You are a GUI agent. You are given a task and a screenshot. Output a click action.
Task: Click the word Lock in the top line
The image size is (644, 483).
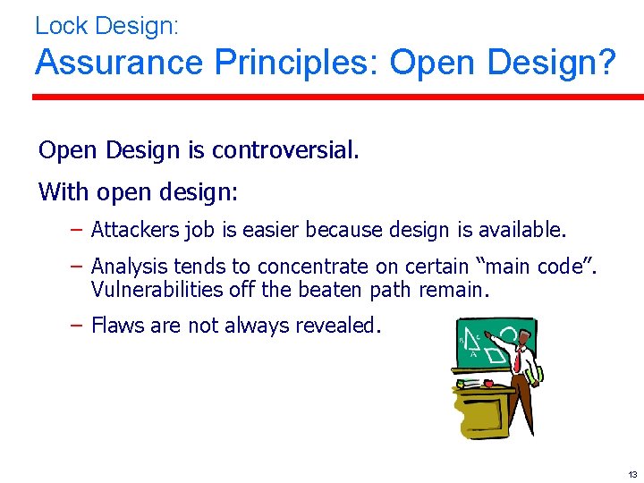coord(59,25)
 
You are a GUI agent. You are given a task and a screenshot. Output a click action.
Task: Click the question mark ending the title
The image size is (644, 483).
coord(606,63)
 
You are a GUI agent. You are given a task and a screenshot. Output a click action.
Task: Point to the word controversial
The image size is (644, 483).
coord(285,150)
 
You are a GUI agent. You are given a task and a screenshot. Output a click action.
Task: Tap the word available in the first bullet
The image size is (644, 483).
coord(522,231)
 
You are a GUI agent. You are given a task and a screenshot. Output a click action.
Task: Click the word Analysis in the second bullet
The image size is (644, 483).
coord(129,267)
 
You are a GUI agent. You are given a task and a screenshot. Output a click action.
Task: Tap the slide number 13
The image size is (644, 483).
coord(632,474)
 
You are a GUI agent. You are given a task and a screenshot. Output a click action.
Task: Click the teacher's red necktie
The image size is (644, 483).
coord(517,360)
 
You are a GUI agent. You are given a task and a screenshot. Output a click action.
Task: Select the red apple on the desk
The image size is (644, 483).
coord(487,382)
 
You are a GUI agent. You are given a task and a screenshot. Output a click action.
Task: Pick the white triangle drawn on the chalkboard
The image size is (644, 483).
coord(475,341)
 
